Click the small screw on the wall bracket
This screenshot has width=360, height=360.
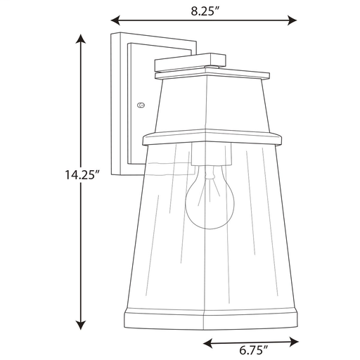[x=141, y=105]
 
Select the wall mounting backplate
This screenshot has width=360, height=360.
[x=120, y=105]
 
